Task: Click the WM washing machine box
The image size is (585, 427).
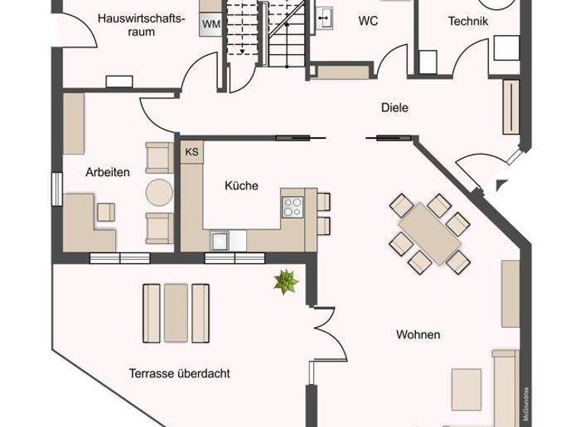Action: [x=211, y=24]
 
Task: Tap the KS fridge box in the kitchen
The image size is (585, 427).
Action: [x=191, y=152]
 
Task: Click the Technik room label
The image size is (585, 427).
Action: [x=468, y=21]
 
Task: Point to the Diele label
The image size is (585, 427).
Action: [x=395, y=108]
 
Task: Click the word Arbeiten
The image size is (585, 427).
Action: [x=107, y=172]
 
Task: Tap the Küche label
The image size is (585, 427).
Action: [x=241, y=185]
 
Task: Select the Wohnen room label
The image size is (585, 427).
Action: [x=418, y=334]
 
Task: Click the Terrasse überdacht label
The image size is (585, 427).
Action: [x=179, y=374]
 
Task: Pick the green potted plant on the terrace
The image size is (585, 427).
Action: [x=286, y=282]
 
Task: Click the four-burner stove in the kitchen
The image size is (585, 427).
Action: [x=292, y=206]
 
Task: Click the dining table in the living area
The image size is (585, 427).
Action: [x=430, y=233]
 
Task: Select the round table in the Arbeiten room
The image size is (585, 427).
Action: [x=160, y=191]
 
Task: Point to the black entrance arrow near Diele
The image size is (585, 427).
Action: [x=500, y=185]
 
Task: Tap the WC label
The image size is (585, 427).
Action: [x=369, y=21]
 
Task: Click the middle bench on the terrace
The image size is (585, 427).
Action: [x=176, y=312]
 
